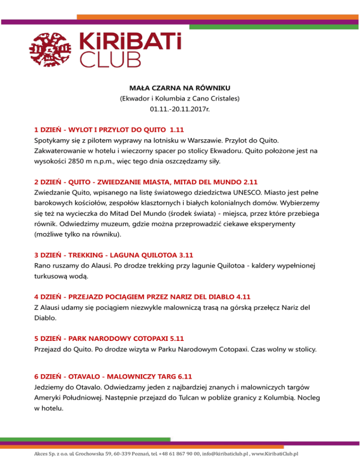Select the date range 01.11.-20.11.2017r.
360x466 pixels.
180,110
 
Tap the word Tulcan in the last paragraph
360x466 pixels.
219,398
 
